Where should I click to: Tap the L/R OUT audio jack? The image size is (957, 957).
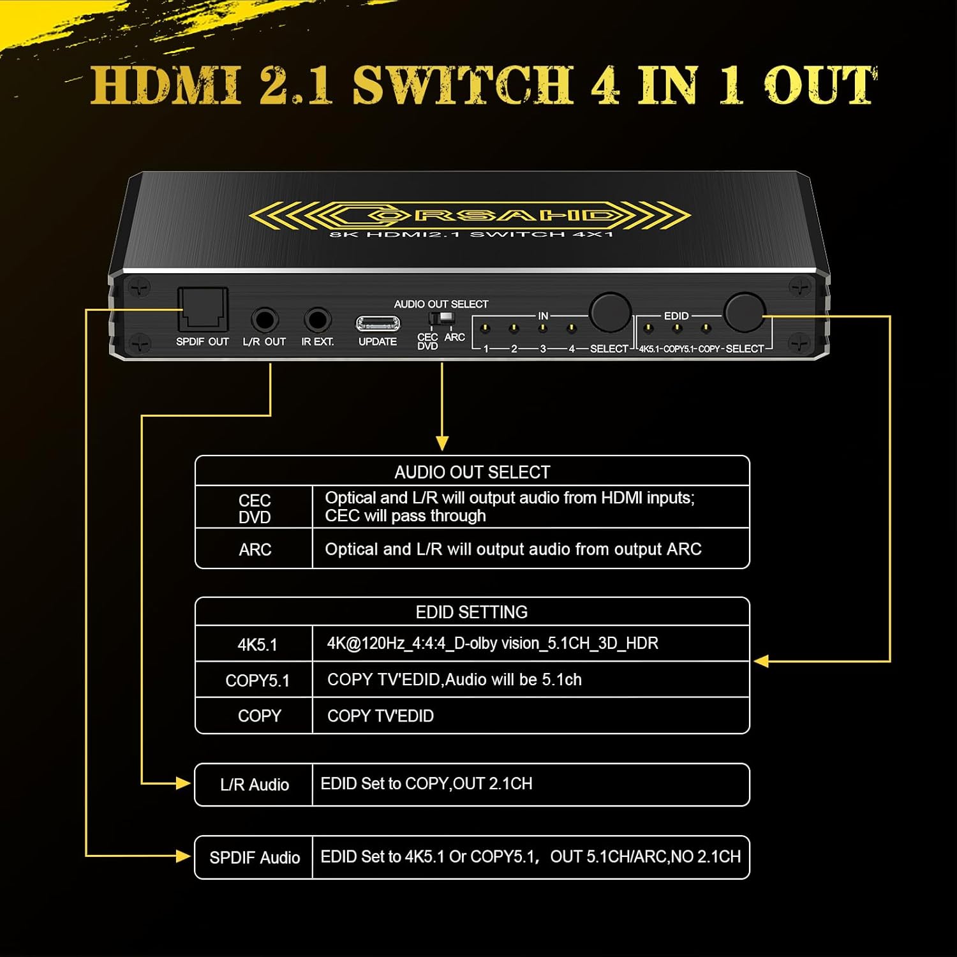(264, 320)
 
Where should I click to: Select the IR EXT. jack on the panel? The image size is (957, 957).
(317, 320)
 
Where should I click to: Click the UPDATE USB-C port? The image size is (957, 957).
(378, 323)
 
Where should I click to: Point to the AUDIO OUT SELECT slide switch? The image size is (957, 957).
(441, 318)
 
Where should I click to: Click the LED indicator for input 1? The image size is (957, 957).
(485, 329)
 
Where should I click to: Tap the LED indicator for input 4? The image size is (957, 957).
(572, 329)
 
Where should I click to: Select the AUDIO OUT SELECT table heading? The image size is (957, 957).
(472, 472)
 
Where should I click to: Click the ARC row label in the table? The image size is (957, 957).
(255, 549)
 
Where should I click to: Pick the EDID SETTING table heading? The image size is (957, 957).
(472, 612)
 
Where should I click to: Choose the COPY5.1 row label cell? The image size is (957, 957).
(257, 681)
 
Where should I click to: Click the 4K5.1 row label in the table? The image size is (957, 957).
(257, 644)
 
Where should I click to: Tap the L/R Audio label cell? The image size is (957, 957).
(255, 785)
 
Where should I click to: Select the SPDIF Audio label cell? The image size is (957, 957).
(255, 857)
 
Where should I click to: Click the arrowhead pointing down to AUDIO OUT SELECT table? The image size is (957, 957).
(442, 443)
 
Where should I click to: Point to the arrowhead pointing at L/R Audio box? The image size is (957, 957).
(183, 783)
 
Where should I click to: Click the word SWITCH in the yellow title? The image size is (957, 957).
(464, 85)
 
